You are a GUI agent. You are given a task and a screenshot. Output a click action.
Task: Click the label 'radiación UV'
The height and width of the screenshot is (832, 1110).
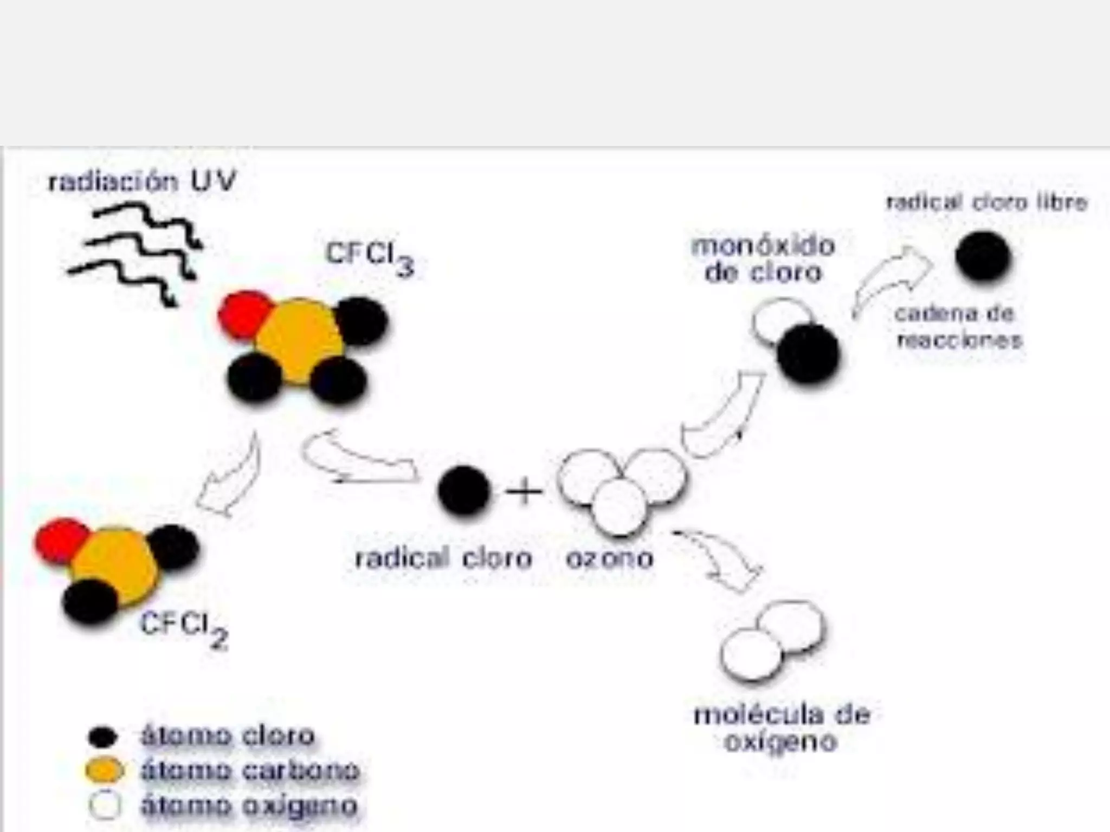pos(142,181)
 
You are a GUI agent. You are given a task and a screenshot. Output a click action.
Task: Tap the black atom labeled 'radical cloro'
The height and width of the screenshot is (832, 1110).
pos(464,491)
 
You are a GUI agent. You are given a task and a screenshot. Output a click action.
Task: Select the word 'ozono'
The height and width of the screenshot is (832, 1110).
pos(609,558)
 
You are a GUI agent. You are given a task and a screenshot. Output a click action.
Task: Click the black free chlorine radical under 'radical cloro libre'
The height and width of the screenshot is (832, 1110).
pos(983,256)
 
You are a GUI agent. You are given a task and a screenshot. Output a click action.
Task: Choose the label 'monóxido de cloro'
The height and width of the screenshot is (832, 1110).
pos(763,259)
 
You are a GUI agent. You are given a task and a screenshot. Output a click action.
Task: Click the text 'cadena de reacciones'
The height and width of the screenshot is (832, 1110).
pos(957,327)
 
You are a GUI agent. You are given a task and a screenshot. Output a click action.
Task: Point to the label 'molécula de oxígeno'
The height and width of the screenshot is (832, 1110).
pos(782,728)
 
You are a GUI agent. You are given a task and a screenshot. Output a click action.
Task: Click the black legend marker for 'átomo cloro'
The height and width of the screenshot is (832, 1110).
pos(102,737)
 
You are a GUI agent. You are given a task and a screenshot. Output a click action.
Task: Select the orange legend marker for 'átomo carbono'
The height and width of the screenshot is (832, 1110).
pos(104,770)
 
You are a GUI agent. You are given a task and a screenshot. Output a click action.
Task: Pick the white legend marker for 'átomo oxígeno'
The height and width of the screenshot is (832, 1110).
pos(105,805)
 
